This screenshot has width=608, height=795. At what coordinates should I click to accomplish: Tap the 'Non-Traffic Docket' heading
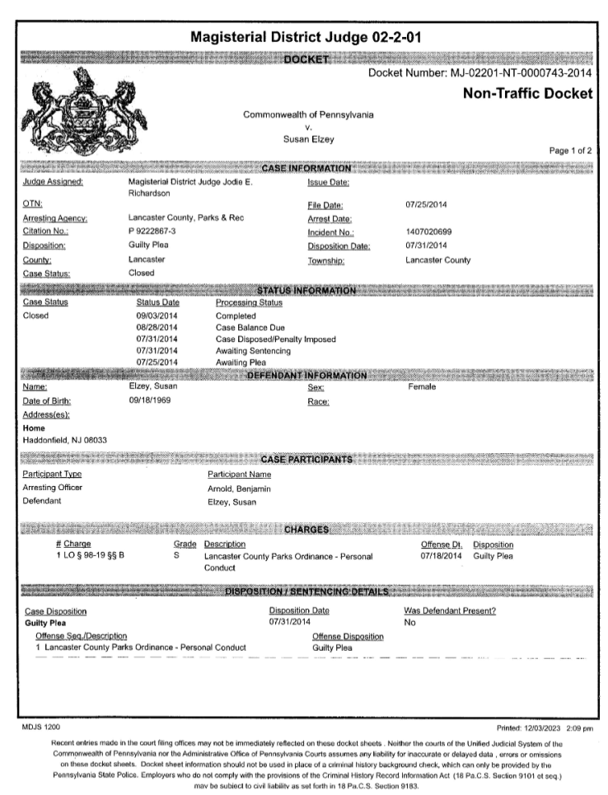tap(527, 94)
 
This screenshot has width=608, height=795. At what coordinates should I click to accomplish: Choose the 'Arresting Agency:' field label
tap(55, 218)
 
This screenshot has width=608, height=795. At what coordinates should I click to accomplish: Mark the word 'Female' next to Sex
tap(422, 387)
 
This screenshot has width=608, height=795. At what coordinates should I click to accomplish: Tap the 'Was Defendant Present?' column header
tap(449, 610)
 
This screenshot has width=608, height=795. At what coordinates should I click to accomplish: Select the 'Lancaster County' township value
tap(438, 260)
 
